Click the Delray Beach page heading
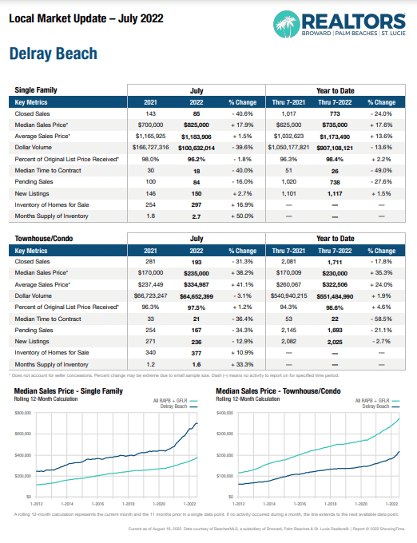click(x=53, y=54)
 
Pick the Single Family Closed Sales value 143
click(x=149, y=115)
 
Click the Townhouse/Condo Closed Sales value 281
click(x=149, y=261)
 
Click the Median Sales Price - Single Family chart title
click(x=68, y=391)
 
